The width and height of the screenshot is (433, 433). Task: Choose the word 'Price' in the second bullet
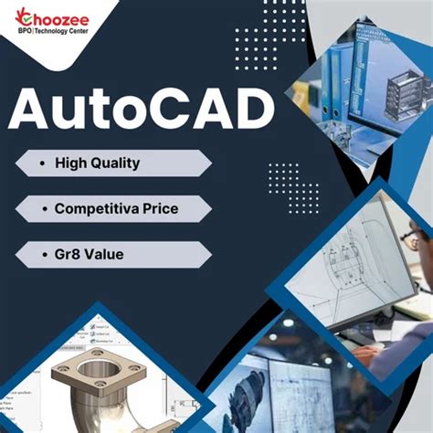(159, 209)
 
